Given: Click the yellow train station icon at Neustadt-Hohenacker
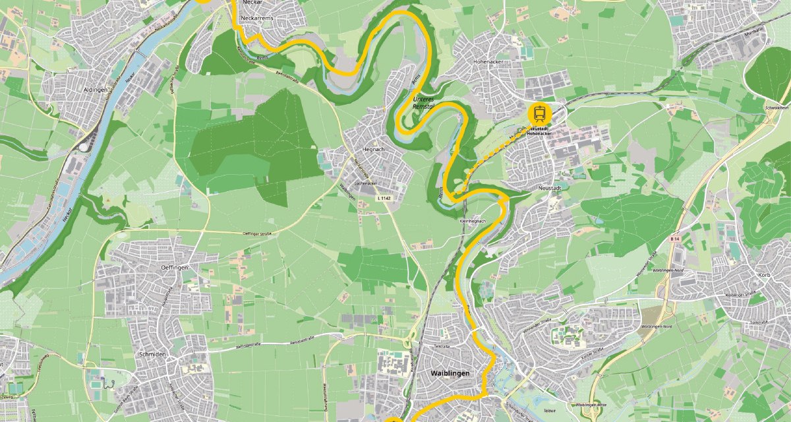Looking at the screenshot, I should pos(540,112).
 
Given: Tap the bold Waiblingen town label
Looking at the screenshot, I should pos(450,373).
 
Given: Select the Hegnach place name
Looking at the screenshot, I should pos(372,150).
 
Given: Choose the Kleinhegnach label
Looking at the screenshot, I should pos(472,222).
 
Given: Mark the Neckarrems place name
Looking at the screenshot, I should pos(256,18).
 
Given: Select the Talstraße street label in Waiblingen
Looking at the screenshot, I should pos(441,346).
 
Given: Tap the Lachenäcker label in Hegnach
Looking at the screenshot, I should pos(364,183).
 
